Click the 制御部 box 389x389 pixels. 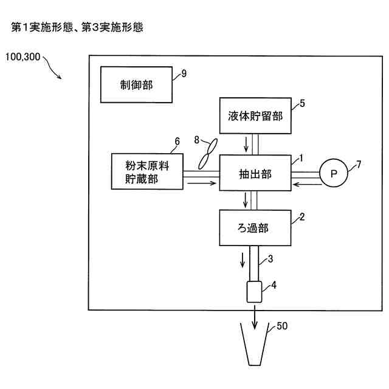(x=136, y=85)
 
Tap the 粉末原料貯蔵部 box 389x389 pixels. (x=148, y=171)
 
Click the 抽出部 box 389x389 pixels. (x=255, y=174)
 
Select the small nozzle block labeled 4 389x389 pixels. (x=253, y=292)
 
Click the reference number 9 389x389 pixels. (x=184, y=74)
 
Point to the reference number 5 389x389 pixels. (x=302, y=103)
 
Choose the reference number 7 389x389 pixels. (x=359, y=164)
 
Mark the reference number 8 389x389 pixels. (x=196, y=140)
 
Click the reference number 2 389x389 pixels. (x=302, y=216)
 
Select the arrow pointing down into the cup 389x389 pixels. (x=254, y=317)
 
